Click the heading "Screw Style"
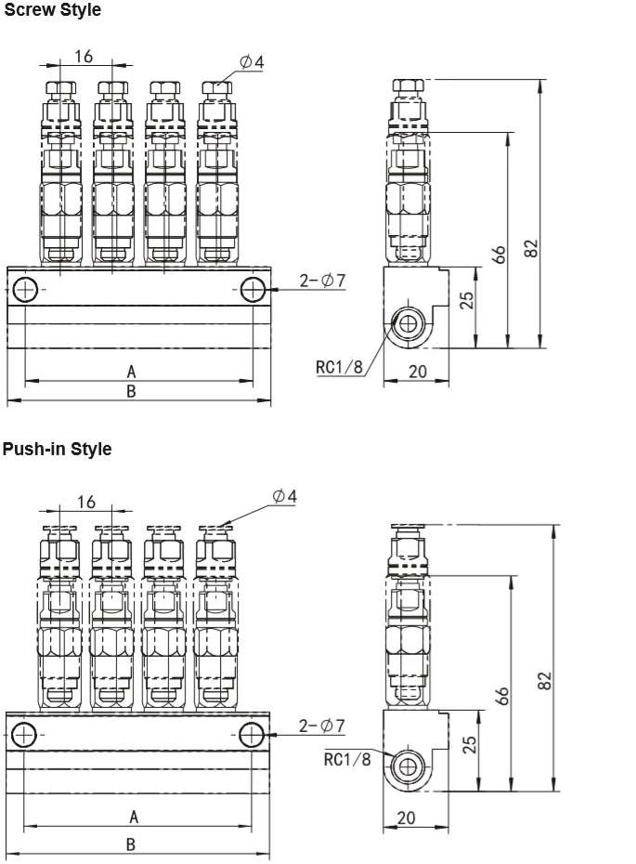52,11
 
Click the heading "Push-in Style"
57,450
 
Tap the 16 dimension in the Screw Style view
84,57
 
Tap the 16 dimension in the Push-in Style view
85,502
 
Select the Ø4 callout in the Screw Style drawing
252,61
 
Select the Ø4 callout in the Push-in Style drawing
285,496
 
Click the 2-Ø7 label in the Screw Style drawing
322,280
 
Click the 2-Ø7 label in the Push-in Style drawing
322,725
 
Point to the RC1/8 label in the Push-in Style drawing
347,759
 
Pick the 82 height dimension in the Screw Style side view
531,248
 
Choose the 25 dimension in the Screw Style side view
467,299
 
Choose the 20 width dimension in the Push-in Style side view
406,818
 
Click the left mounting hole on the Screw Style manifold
26,291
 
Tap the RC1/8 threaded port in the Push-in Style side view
406,768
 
